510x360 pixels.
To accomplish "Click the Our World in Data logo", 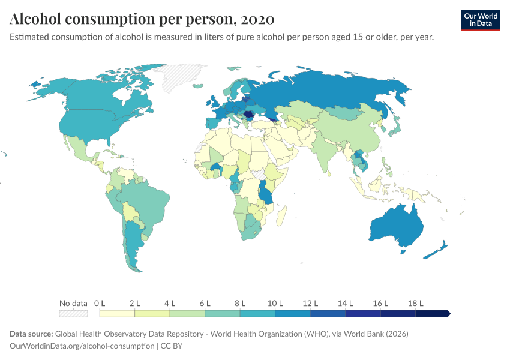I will click(x=480, y=19).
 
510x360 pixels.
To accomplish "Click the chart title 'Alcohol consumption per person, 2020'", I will click(x=142, y=19).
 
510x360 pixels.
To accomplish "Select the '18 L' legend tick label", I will click(x=415, y=303).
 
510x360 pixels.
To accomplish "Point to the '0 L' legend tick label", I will click(x=100, y=303).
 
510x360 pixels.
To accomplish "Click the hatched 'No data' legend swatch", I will click(x=73, y=313).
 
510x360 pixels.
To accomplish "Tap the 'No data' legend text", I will click(x=73, y=303).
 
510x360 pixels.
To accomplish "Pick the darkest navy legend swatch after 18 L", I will click(x=432, y=313).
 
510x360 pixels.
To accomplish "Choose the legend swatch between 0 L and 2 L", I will click(x=117, y=313).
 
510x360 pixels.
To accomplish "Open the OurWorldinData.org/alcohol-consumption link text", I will click(x=82, y=346).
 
